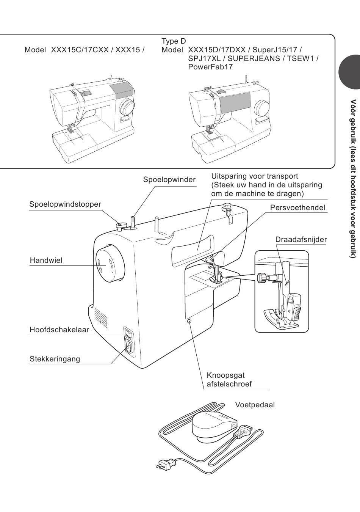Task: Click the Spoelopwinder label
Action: (169, 179)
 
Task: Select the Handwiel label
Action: (46, 261)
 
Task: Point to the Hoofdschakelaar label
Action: (59, 330)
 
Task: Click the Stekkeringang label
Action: (55, 359)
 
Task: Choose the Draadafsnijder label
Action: (301, 239)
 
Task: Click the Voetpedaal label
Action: (255, 405)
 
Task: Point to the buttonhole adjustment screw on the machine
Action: (189, 321)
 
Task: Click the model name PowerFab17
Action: (210, 67)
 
